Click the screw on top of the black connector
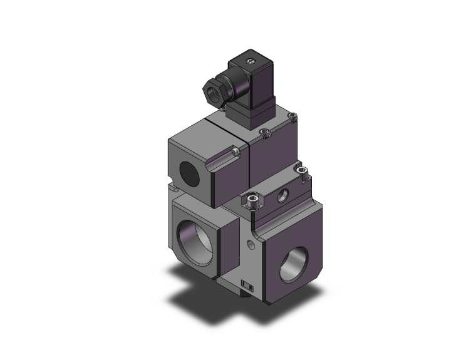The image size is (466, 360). (251, 61)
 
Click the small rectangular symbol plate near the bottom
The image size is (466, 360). (247, 286)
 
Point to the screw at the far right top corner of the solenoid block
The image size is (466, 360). (294, 116)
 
